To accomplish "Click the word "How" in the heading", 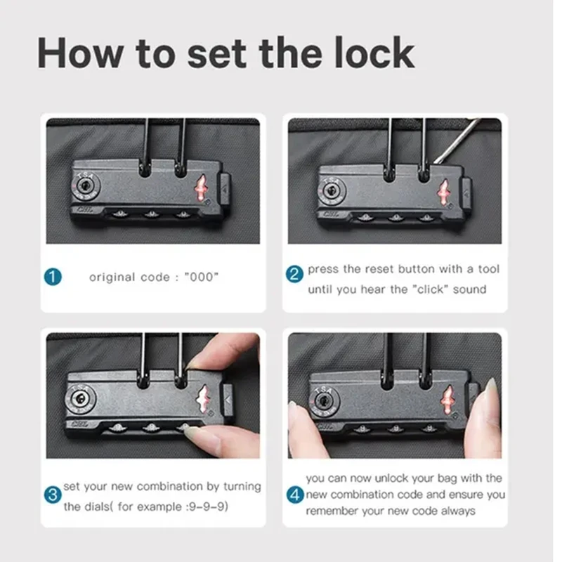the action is (x=79, y=53).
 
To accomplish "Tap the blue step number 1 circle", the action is (x=53, y=277).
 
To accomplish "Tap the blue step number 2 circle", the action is (x=294, y=274).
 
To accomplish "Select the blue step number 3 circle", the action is (x=53, y=495).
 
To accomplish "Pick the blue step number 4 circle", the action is (x=295, y=495).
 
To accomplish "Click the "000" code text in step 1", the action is (x=201, y=277).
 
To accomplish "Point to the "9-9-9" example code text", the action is (x=209, y=507).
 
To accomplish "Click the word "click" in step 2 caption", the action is (x=433, y=289).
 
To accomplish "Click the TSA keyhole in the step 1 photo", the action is (x=86, y=186).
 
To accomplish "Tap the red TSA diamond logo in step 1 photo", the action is (x=200, y=188).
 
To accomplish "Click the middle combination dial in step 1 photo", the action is (x=151, y=215).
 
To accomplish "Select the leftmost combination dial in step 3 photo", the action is (x=117, y=427).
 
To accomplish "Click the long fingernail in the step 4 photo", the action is (x=492, y=390).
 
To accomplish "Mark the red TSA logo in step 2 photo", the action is (x=443, y=192).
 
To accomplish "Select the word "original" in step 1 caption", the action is (x=112, y=277).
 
